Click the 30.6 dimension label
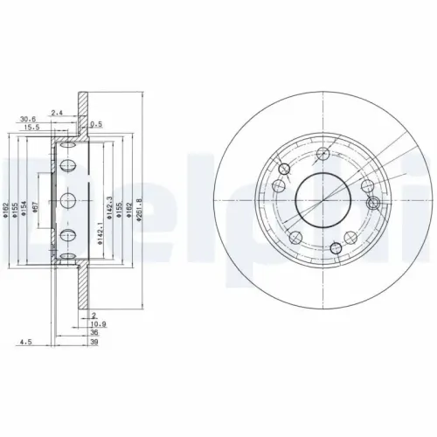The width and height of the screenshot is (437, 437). click(27, 120)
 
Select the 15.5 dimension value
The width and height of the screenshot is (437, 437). click(32, 128)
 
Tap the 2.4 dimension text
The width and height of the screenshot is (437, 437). click(57, 112)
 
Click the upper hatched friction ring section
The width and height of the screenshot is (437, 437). click(82, 109)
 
